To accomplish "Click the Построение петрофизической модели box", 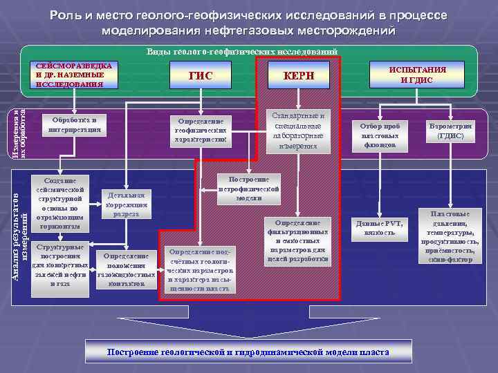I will pos(249,188).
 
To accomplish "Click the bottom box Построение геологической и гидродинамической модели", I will pos(248,352).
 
